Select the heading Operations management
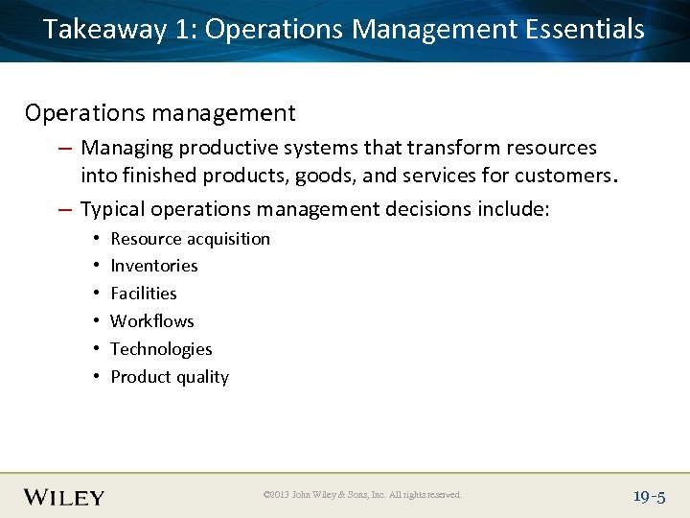[160, 113]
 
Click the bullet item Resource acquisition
[190, 239]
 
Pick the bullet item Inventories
[153, 266]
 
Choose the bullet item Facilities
[144, 294]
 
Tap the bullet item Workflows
[151, 321]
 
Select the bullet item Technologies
[161, 349]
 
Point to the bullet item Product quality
[170, 377]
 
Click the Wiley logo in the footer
[64, 496]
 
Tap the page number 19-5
[649, 496]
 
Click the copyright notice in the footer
[362, 495]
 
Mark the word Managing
[126, 148]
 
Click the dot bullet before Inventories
[98, 266]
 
